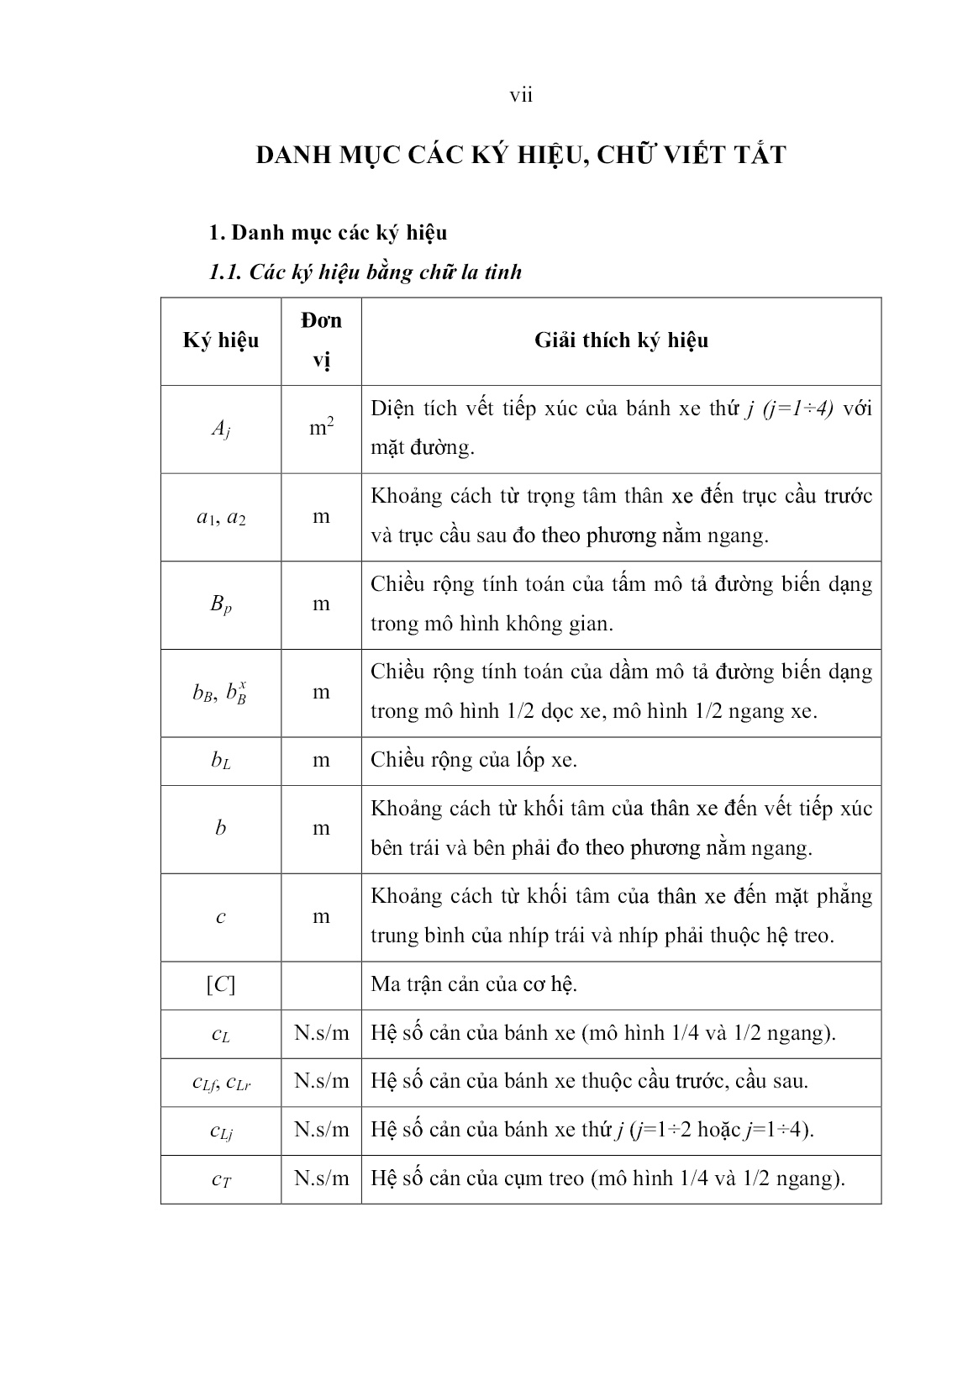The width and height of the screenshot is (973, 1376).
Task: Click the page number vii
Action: [x=521, y=96]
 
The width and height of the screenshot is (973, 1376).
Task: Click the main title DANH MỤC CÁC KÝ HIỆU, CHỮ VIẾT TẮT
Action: [x=521, y=156]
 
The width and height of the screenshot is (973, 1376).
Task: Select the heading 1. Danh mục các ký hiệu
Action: [x=328, y=233]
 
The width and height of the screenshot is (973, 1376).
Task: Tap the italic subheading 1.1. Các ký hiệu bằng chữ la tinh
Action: [x=365, y=272]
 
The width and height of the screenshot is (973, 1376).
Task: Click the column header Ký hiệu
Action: [x=221, y=340]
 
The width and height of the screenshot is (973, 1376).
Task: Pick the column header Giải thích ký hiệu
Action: [x=621, y=340]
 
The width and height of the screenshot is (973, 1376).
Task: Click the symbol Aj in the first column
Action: [x=220, y=430]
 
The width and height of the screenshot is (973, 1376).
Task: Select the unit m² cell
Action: [x=321, y=428]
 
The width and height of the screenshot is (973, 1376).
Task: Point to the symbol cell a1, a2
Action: [x=220, y=518]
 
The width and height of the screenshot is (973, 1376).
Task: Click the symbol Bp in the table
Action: [x=220, y=605]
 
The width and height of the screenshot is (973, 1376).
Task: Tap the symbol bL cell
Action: [x=220, y=762]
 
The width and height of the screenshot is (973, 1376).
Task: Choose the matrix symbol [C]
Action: [x=220, y=985]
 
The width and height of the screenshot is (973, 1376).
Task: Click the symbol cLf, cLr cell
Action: [x=220, y=1083]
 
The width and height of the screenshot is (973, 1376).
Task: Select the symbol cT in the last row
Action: [x=220, y=1180]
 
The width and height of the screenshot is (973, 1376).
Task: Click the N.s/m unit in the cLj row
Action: [x=321, y=1130]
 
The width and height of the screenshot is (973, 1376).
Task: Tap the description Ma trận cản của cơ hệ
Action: [x=474, y=984]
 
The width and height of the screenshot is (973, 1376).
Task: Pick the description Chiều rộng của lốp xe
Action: [x=474, y=760]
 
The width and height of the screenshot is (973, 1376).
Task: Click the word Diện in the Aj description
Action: [x=392, y=409]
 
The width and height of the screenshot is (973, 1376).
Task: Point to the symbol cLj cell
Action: [x=220, y=1132]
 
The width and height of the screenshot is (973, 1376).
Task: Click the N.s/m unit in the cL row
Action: [x=321, y=1033]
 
